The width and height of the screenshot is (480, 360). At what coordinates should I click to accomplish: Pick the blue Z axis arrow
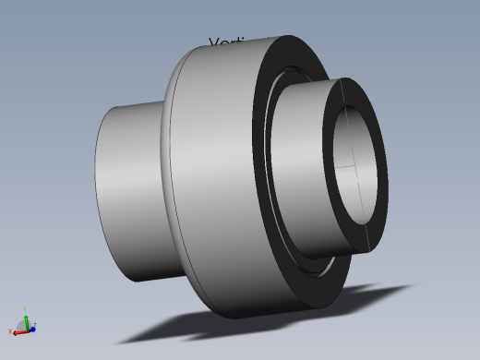(x=30, y=327)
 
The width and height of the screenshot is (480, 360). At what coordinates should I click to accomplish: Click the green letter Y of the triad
(x=26, y=310)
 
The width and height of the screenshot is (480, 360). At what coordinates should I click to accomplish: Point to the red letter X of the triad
(x=10, y=331)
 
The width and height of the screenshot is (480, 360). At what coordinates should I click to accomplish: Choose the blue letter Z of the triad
(x=35, y=325)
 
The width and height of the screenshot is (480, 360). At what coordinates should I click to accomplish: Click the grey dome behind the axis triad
(x=21, y=324)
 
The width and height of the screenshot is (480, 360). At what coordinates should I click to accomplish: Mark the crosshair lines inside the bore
(x=354, y=169)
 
